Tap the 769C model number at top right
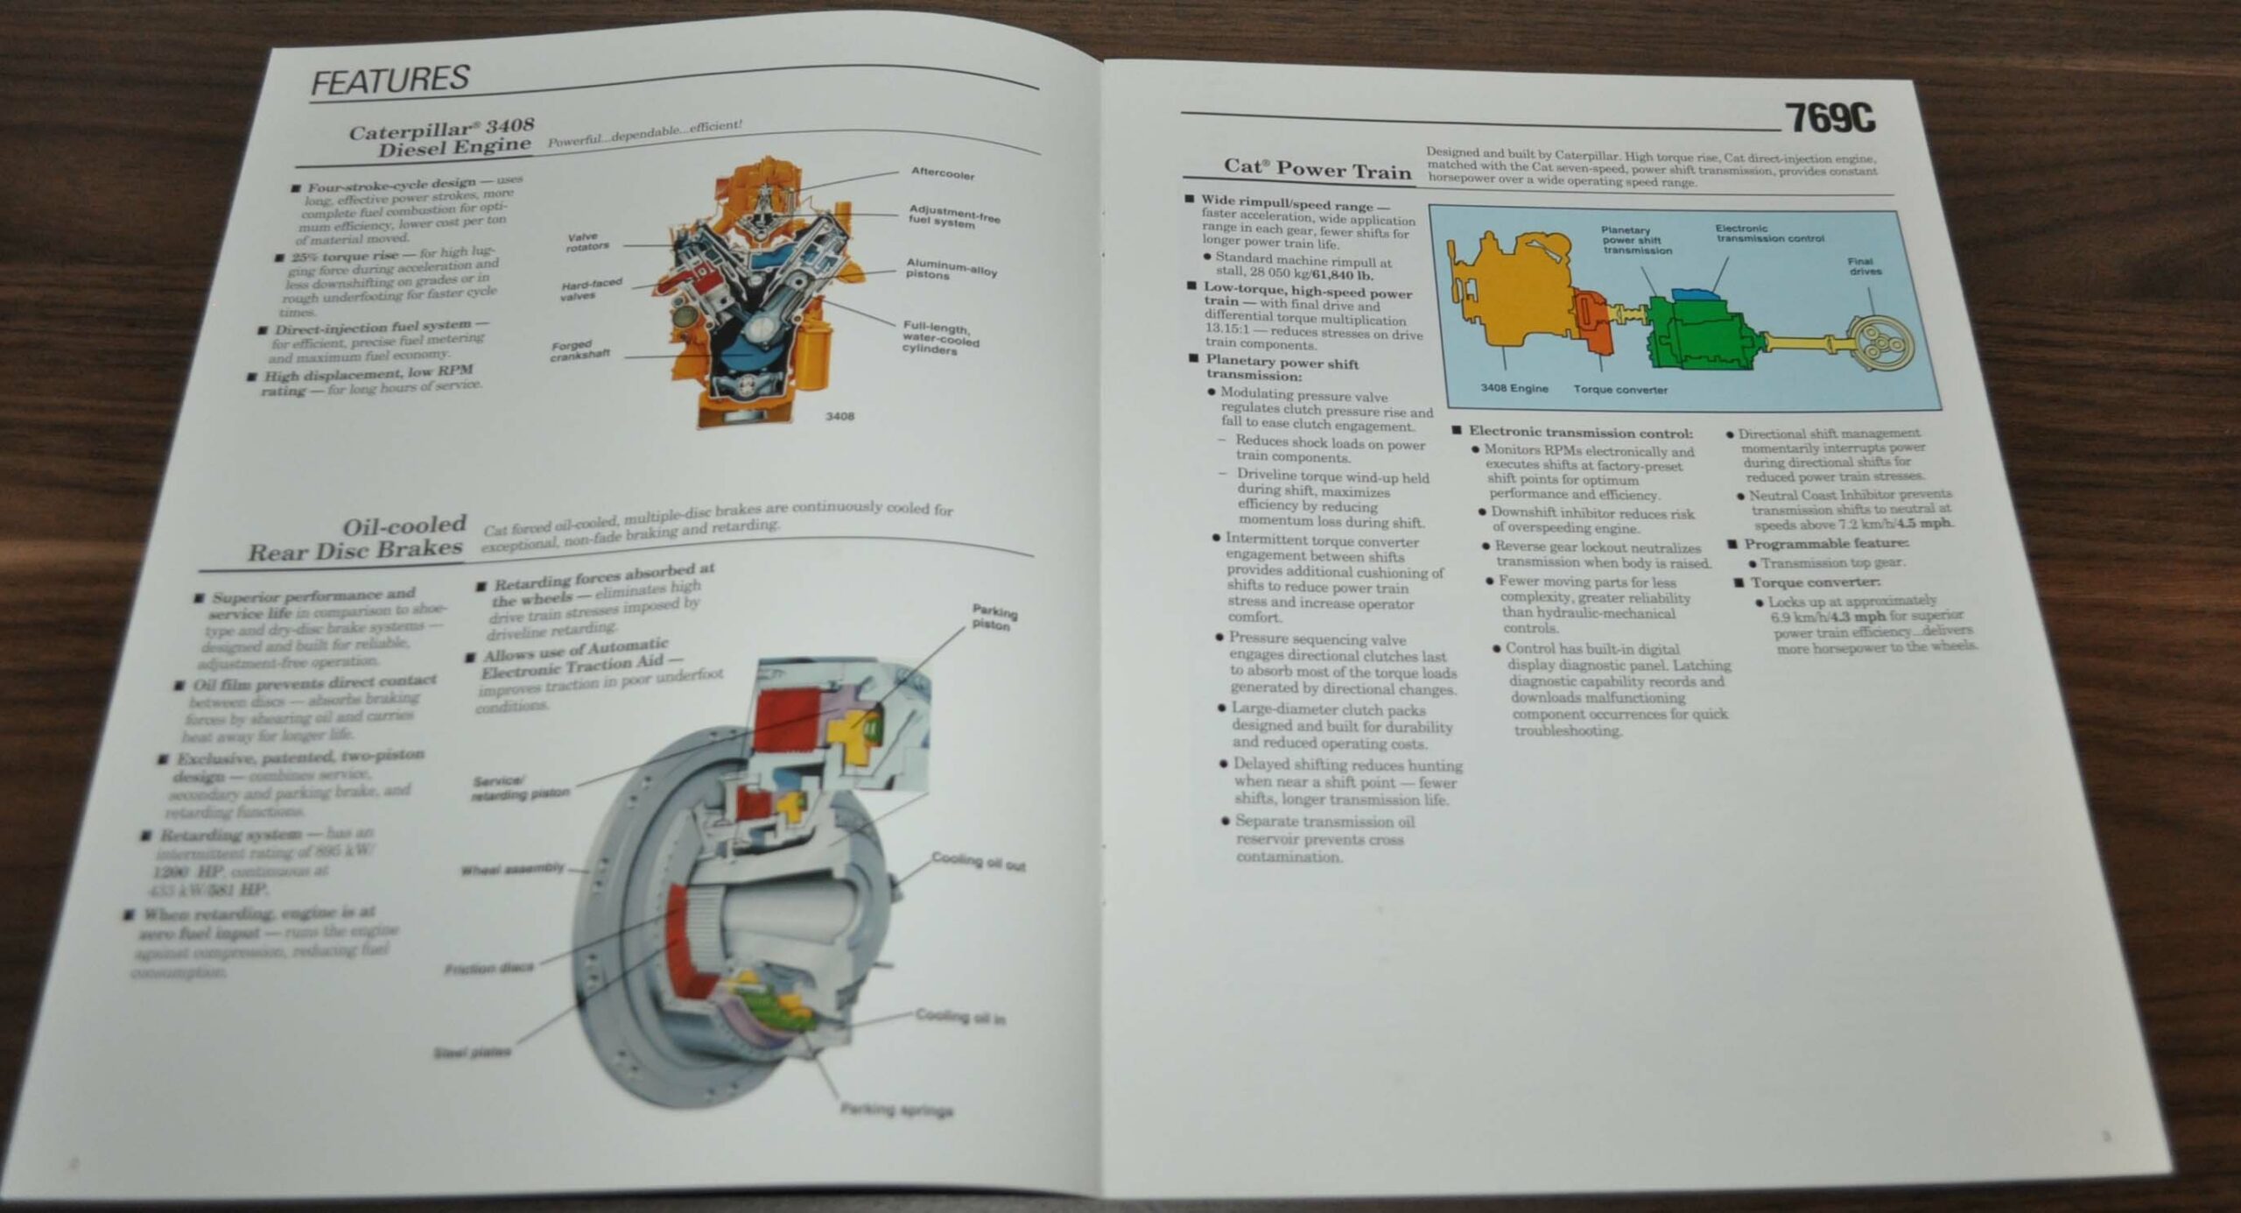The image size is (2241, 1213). tap(1830, 118)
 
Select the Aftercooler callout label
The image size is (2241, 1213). tap(942, 173)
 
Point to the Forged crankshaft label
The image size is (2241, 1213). tap(580, 350)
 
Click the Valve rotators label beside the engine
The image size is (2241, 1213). tap(587, 242)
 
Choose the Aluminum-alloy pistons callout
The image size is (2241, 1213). tap(951, 268)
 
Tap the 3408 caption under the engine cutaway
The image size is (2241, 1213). tap(839, 416)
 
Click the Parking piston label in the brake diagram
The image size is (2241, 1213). tap(994, 617)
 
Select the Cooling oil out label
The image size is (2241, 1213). tap(977, 862)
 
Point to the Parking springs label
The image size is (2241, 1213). tap(896, 1111)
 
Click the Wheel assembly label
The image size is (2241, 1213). tap(512, 869)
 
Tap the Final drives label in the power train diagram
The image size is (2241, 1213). tap(1865, 266)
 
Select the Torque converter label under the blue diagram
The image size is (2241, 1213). tap(1620, 390)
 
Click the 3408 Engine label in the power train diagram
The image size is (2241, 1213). tap(1514, 388)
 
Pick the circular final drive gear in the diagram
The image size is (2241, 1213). tap(1878, 342)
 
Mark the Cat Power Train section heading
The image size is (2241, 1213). tap(1317, 168)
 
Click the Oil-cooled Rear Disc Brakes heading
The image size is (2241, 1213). tap(356, 538)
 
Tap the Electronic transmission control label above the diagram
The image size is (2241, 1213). tap(1769, 233)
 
